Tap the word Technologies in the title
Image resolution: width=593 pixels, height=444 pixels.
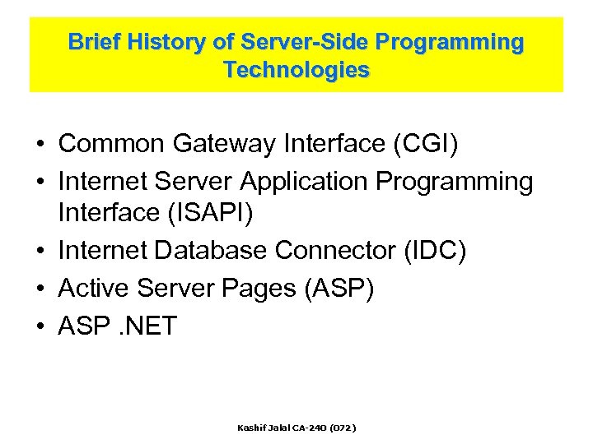(296, 71)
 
